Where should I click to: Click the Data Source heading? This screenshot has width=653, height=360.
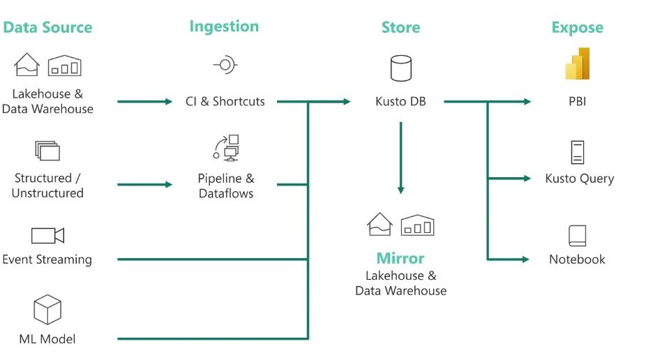point(47,28)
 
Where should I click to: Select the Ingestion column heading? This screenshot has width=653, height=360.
point(224,27)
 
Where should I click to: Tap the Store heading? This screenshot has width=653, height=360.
point(400,28)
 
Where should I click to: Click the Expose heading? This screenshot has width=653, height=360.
point(577,28)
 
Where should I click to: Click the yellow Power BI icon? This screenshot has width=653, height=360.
point(578,64)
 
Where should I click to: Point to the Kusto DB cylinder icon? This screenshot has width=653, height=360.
point(400,69)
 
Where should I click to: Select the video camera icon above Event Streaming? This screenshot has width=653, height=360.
point(47,235)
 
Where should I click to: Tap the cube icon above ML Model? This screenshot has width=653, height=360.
point(47,310)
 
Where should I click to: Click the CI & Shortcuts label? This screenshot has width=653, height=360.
point(225,101)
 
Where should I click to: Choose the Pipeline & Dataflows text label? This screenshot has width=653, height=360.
point(225,186)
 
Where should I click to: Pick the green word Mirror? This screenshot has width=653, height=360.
point(400,258)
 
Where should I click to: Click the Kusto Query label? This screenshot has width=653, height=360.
point(579,179)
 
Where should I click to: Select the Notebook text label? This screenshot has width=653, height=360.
point(577,260)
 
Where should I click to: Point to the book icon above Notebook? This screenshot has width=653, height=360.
point(577,235)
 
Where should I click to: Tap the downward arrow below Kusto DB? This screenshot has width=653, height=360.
point(400,157)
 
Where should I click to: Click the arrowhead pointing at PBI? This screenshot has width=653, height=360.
point(526,102)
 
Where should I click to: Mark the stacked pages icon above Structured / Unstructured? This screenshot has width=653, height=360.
point(47,150)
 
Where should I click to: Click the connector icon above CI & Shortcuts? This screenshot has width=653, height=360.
point(225,66)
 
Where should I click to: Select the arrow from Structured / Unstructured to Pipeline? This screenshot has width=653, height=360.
point(144,185)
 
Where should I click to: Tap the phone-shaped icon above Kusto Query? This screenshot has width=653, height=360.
point(577,152)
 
